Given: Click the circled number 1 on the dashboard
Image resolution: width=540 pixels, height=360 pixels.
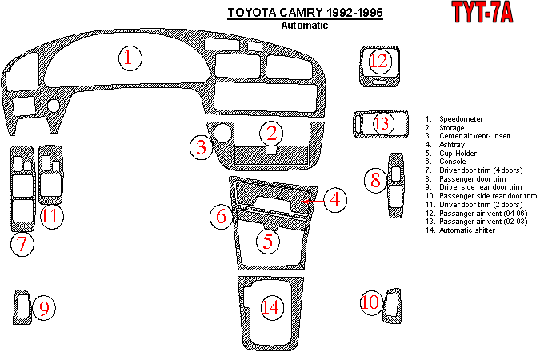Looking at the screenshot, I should coord(130,58).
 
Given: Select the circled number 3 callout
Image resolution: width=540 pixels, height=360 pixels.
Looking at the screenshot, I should coord(202,146).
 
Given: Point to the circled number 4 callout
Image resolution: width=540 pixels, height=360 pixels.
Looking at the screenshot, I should coord(336,200).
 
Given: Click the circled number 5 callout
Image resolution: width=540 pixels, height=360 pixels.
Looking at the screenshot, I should coord(269,239).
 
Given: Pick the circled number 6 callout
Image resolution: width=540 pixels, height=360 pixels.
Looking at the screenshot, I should coord(222,215).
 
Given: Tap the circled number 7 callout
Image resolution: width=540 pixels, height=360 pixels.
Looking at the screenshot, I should coord(22,245).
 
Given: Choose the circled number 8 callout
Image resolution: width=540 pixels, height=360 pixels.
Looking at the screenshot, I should coord(374,180).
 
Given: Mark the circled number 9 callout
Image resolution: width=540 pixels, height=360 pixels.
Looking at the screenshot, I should coord(45,308).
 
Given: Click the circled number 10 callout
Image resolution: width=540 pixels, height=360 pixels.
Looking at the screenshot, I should coord(370,302).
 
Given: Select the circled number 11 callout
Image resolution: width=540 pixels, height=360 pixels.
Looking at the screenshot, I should coord(50,215).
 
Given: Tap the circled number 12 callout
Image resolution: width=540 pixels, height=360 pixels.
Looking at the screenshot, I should coord(378,61).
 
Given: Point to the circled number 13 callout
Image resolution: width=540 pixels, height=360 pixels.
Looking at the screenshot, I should coord(382,123).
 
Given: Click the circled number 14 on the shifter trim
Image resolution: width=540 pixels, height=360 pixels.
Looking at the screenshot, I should coord(272,306).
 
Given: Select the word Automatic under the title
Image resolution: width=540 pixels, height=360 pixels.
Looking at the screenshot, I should coord(304,25).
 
